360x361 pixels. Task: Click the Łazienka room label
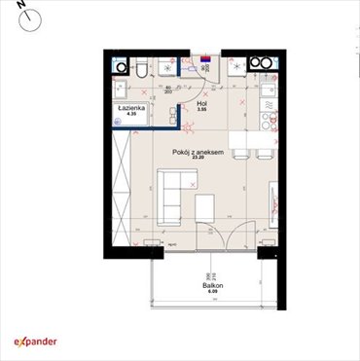(x=130, y=108)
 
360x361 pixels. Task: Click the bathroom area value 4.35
(x=130, y=115)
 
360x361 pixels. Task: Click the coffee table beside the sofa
(x=204, y=205)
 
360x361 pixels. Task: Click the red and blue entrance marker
(x=205, y=57)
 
